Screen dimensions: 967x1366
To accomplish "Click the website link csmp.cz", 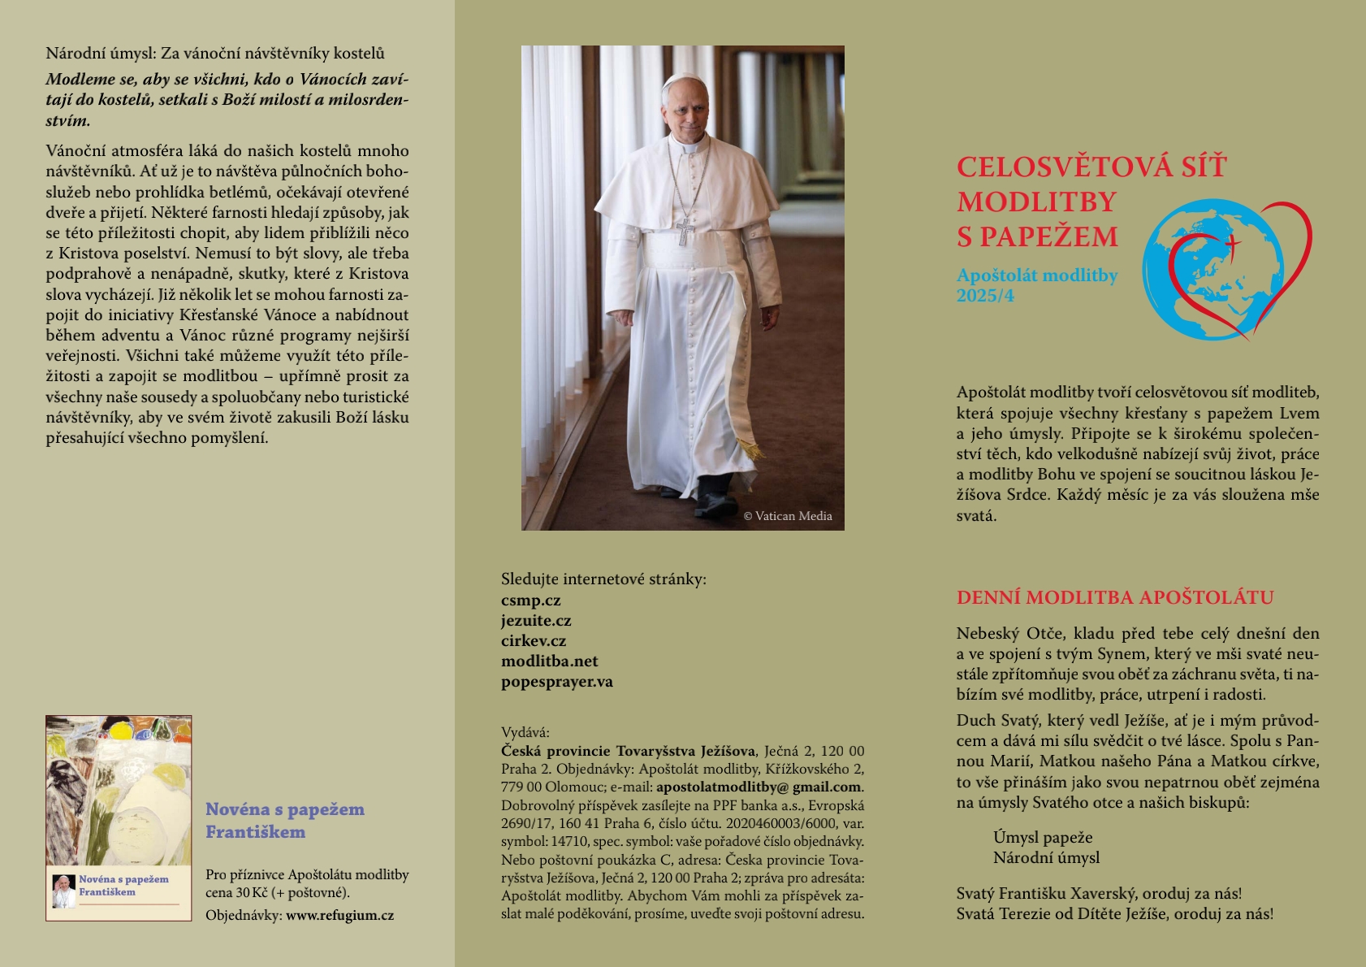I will coord(530,601).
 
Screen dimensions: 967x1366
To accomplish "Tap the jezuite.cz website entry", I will coord(536,621).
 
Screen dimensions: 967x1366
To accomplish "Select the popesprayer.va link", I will coord(556,682).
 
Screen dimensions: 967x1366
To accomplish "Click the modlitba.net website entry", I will coord(549,661).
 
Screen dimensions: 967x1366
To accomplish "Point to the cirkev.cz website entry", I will coord(533,641).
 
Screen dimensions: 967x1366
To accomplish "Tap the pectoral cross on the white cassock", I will coord(685,230).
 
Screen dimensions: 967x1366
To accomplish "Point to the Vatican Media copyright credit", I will coord(787,516).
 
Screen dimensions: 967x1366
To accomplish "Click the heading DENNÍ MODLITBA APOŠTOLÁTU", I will coord(1114,598).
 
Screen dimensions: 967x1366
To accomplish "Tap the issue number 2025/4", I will coord(985,296).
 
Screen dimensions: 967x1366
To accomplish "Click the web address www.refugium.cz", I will coord(339,916).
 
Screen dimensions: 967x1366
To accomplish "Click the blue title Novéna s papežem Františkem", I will coord(284,820).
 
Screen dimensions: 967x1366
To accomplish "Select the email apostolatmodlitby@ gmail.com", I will coord(759,787).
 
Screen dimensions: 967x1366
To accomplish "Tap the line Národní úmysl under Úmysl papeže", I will coord(1046,858).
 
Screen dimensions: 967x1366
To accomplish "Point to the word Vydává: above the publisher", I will coord(525,732).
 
